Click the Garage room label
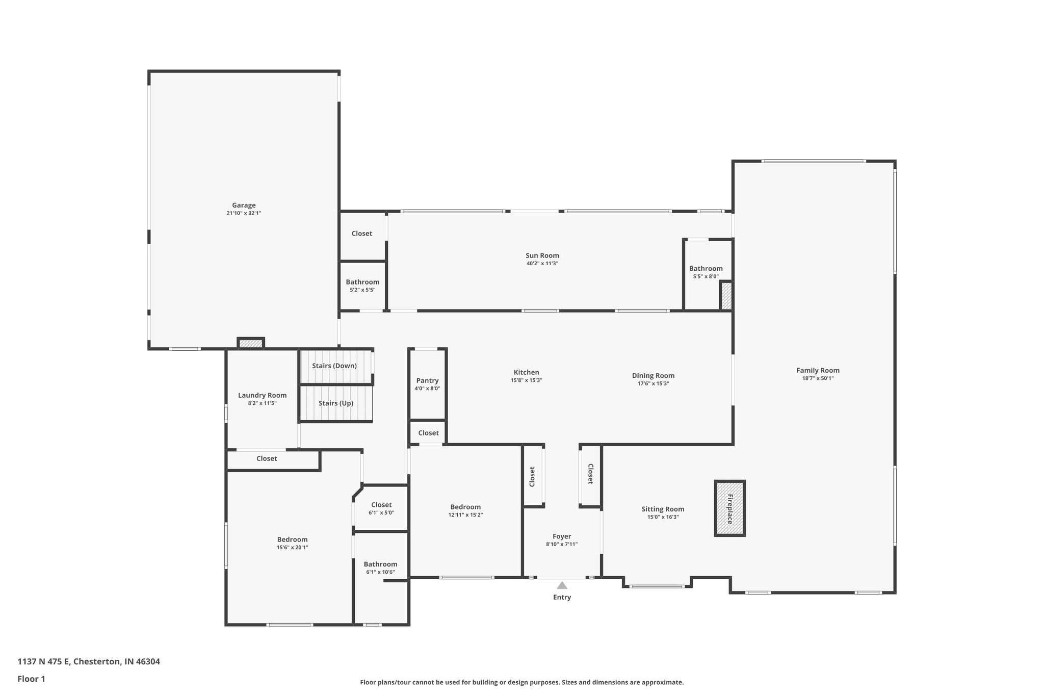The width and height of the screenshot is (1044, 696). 244,205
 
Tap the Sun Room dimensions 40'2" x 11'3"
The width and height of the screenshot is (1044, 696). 542,264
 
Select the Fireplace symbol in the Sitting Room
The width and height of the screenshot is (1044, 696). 729,508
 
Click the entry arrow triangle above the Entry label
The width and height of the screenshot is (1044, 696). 562,585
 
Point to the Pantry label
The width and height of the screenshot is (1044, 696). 427,380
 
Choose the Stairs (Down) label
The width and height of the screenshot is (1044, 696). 334,366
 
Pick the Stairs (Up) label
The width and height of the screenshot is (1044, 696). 336,403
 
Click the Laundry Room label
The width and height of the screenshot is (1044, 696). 262,395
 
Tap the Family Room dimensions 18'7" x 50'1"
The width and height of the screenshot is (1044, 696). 818,378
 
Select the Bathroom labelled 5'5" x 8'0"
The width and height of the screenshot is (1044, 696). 706,269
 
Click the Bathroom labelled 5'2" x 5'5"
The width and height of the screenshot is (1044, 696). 362,282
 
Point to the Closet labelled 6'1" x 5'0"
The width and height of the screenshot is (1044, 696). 381,505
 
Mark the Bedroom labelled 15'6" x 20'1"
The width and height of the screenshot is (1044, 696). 292,539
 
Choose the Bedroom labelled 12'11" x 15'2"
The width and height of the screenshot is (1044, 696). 465,507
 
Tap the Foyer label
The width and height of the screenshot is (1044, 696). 562,536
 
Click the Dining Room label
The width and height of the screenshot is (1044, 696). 653,376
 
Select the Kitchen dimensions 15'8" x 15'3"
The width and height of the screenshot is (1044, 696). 526,380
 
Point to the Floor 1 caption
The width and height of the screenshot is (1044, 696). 32,679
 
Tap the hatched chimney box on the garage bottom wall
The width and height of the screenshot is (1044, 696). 251,344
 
